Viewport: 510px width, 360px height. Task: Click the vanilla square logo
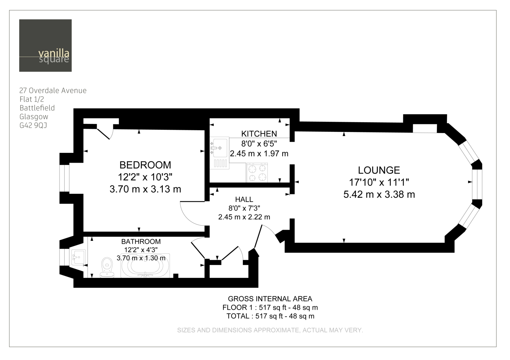[45, 45]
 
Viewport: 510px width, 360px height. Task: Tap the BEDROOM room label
[145, 165]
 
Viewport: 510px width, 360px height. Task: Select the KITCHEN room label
[259, 134]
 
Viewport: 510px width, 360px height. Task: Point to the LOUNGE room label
[379, 170]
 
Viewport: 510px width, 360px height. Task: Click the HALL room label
[244, 200]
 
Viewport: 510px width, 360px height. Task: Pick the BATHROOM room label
[141, 241]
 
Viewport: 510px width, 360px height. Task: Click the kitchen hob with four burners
[257, 173]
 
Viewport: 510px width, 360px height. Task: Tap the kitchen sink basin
[220, 148]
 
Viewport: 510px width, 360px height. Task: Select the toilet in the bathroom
[107, 267]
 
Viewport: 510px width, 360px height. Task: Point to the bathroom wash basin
[78, 257]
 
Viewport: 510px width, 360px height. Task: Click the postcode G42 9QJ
[33, 125]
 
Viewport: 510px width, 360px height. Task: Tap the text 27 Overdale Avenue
[53, 90]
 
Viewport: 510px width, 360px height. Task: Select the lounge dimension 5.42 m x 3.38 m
[379, 195]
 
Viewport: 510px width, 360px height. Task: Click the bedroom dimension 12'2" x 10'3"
[145, 177]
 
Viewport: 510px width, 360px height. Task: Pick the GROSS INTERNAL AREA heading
[270, 299]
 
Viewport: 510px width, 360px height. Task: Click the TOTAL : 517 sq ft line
[270, 316]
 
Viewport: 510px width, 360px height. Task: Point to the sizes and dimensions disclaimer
[270, 330]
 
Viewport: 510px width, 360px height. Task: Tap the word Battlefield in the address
[37, 108]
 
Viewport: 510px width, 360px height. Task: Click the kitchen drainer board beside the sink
[220, 163]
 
